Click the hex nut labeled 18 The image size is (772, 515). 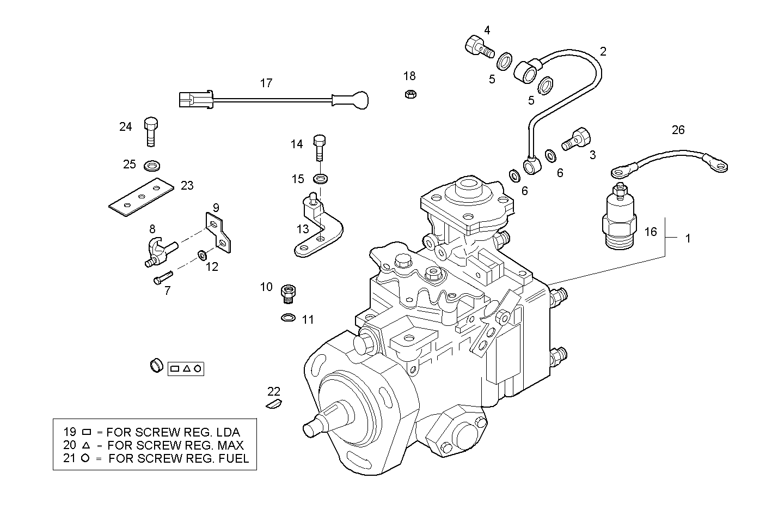click(411, 94)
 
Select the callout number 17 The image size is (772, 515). click(266, 83)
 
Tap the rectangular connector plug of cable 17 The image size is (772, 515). click(192, 100)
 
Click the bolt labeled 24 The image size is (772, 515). click(151, 131)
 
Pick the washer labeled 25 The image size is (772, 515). click(152, 165)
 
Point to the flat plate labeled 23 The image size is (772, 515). click(141, 197)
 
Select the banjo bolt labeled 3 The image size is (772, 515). click(577, 138)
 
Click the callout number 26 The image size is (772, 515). click(678, 130)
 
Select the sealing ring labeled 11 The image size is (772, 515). click(288, 317)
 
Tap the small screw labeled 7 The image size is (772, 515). click(163, 278)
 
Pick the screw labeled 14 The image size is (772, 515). click(320, 147)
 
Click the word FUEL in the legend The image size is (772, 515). click(229, 458)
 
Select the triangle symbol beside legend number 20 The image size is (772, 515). click(85, 445)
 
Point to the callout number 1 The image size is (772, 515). click(688, 239)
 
